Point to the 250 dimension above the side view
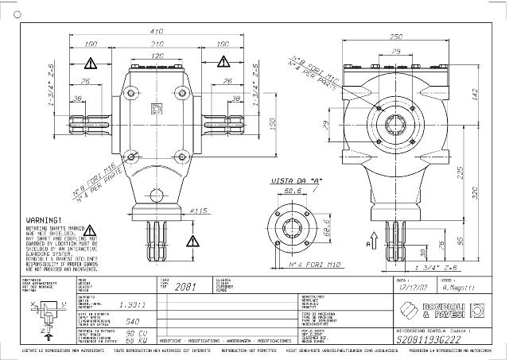click(x=395, y=37)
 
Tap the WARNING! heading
click(x=45, y=218)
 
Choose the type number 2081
click(x=184, y=287)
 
